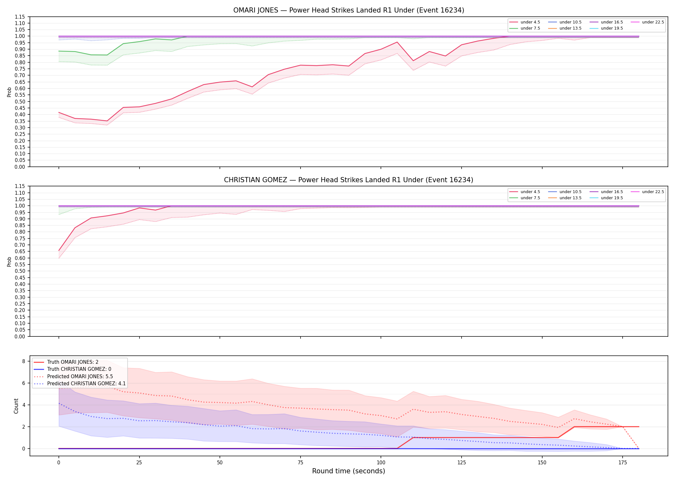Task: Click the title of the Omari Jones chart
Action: [348, 10]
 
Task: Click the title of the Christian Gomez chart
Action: [348, 180]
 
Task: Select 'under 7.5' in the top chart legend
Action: [530, 28]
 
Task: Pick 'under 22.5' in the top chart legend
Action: [653, 22]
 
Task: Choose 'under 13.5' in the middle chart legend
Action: [571, 198]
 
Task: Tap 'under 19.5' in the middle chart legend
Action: [612, 198]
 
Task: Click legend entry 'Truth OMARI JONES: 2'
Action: [73, 362]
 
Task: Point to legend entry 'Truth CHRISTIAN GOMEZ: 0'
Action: [79, 369]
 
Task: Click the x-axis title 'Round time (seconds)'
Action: [348, 471]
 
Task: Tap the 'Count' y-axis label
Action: [16, 406]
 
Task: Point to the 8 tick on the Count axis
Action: [23, 361]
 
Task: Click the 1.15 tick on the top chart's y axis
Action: [20, 17]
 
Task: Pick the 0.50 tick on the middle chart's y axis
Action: [20, 271]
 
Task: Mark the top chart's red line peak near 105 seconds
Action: [397, 42]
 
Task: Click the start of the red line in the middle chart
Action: [59, 250]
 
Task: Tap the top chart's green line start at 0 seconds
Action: [59, 51]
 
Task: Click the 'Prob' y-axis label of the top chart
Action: [9, 92]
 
